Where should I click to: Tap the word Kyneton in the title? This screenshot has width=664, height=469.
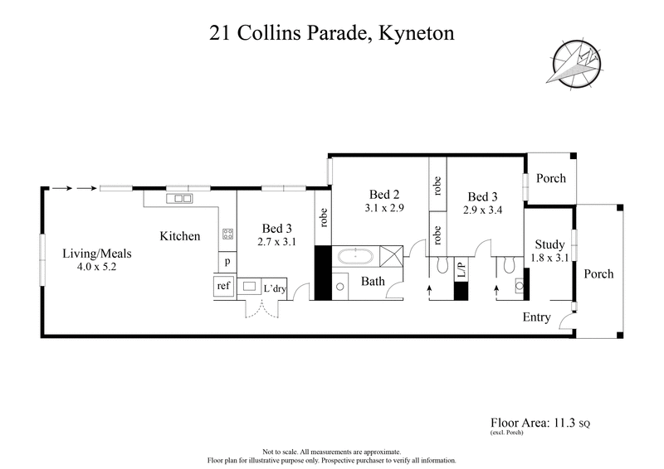(x=413, y=35)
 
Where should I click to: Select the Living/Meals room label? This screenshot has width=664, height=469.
(x=98, y=254)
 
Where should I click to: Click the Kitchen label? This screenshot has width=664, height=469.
(x=179, y=236)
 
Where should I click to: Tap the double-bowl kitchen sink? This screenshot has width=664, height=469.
(x=179, y=199)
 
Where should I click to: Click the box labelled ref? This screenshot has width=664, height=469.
(x=222, y=286)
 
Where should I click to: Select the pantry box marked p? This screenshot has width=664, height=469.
(x=227, y=261)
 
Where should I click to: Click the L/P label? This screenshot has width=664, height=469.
(x=462, y=271)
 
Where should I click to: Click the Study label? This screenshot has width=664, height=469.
(x=549, y=244)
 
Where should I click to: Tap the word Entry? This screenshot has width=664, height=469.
(x=536, y=317)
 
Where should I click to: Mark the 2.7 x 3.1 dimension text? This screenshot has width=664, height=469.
(x=276, y=242)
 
